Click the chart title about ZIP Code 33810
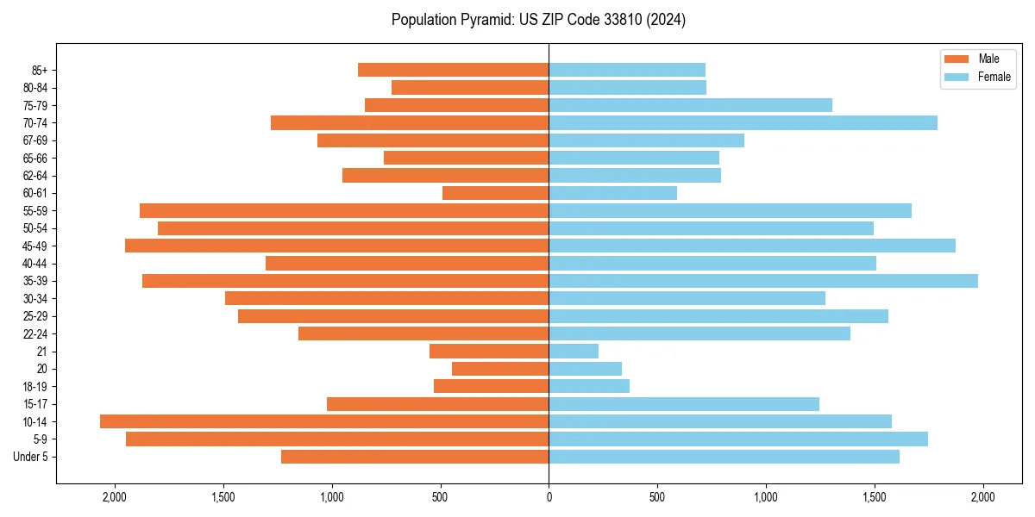(x=538, y=20)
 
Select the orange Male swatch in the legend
(x=957, y=59)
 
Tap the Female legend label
(x=994, y=77)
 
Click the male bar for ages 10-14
(x=324, y=421)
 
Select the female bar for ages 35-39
(x=763, y=281)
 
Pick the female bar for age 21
(x=574, y=352)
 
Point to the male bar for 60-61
(x=495, y=193)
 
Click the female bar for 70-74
(x=743, y=122)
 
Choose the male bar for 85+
(x=453, y=70)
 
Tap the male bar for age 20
(x=500, y=369)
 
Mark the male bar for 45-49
(x=336, y=246)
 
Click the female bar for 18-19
(x=589, y=386)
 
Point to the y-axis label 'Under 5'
(x=30, y=457)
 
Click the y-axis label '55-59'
(x=35, y=210)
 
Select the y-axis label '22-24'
(x=35, y=333)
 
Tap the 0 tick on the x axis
(x=549, y=496)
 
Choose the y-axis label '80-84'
(x=35, y=87)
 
